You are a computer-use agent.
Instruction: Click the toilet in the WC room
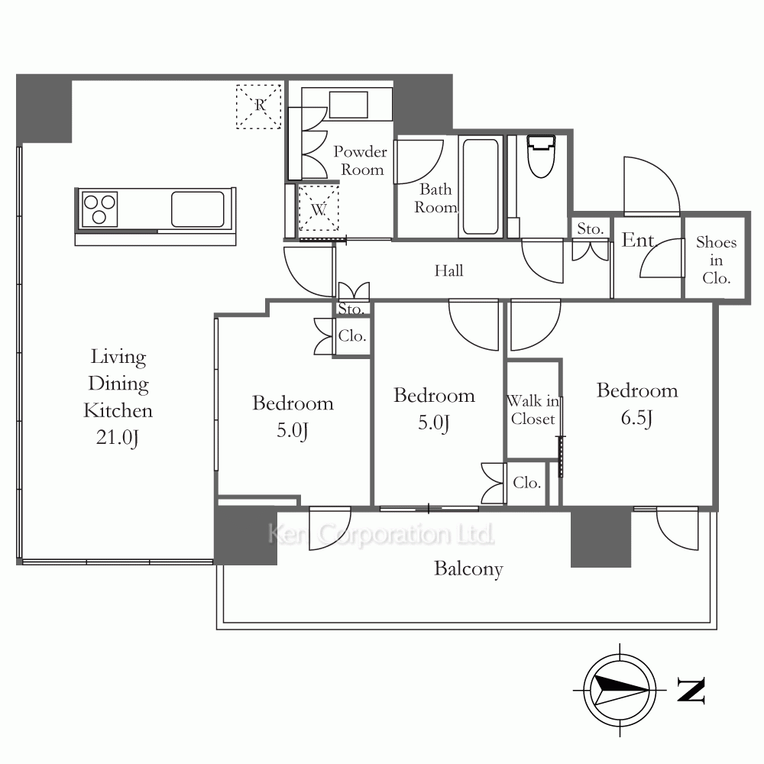(542, 156)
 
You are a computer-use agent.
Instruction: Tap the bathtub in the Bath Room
(481, 186)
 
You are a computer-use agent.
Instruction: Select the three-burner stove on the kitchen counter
(99, 209)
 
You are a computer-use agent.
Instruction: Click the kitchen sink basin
(197, 209)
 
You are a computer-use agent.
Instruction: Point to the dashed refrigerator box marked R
(259, 107)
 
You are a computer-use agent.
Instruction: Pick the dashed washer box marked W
(319, 208)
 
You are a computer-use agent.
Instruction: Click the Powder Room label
(361, 160)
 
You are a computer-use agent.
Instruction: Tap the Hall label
(448, 270)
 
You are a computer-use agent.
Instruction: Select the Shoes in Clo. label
(717, 261)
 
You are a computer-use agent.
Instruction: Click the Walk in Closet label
(533, 410)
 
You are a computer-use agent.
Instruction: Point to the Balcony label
(468, 569)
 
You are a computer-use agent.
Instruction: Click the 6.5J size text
(637, 419)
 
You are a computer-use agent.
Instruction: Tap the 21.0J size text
(118, 438)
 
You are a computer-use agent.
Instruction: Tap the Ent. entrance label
(639, 240)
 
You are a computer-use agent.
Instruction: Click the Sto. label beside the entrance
(590, 228)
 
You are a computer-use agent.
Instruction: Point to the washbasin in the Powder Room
(348, 105)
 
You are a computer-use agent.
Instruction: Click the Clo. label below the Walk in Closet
(526, 483)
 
